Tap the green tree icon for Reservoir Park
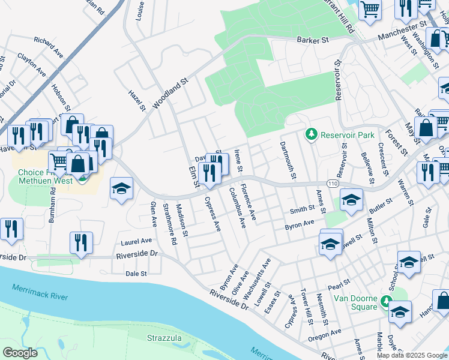[311, 133]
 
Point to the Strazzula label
[164, 338]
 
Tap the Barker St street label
[313, 40]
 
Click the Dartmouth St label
[286, 160]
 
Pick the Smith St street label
[302, 209]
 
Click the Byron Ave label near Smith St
[300, 223]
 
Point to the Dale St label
[136, 274]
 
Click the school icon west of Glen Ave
[121, 189]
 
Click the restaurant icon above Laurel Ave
[80, 242]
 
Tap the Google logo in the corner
[20, 353]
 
